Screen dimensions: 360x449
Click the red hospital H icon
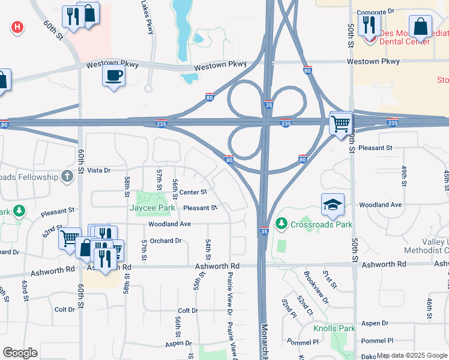tap(17, 27)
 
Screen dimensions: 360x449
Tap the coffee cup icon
tap(113, 76)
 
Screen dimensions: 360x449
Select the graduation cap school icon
tap(333, 205)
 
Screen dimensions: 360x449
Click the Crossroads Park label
tap(321, 224)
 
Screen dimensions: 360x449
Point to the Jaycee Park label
tap(152, 208)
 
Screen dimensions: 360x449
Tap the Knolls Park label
tap(334, 328)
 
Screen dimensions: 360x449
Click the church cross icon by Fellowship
tap(67, 176)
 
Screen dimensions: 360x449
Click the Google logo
tap(20, 353)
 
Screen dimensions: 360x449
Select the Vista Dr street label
tap(99, 170)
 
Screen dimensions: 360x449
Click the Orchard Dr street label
tap(166, 241)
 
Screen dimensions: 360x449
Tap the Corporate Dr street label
tap(375, 11)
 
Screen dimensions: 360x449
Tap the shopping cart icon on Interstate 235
tap(340, 124)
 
